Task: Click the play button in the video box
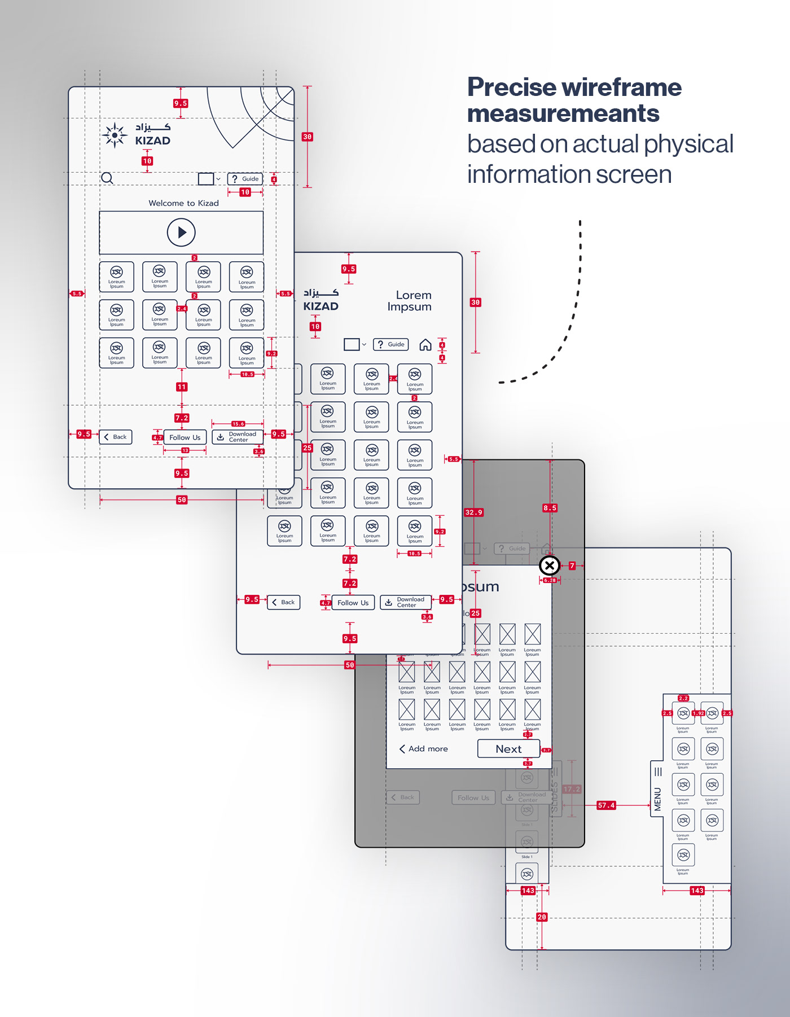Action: (x=181, y=232)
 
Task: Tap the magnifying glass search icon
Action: (x=107, y=178)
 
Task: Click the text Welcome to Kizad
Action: (x=183, y=203)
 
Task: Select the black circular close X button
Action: (x=549, y=565)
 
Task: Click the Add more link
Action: (x=423, y=749)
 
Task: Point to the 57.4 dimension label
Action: (x=606, y=805)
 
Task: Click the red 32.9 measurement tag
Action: (x=473, y=512)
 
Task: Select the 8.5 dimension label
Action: (x=550, y=508)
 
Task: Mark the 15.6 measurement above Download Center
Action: (x=238, y=424)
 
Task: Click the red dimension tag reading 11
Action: (x=182, y=387)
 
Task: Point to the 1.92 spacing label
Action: (x=698, y=713)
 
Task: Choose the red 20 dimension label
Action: (x=542, y=917)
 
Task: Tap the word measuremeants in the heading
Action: (x=563, y=114)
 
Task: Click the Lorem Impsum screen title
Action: (x=410, y=301)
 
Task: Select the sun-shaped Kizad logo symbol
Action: (x=115, y=135)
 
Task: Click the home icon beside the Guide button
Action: (x=425, y=345)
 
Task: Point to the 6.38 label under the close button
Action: (x=550, y=580)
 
